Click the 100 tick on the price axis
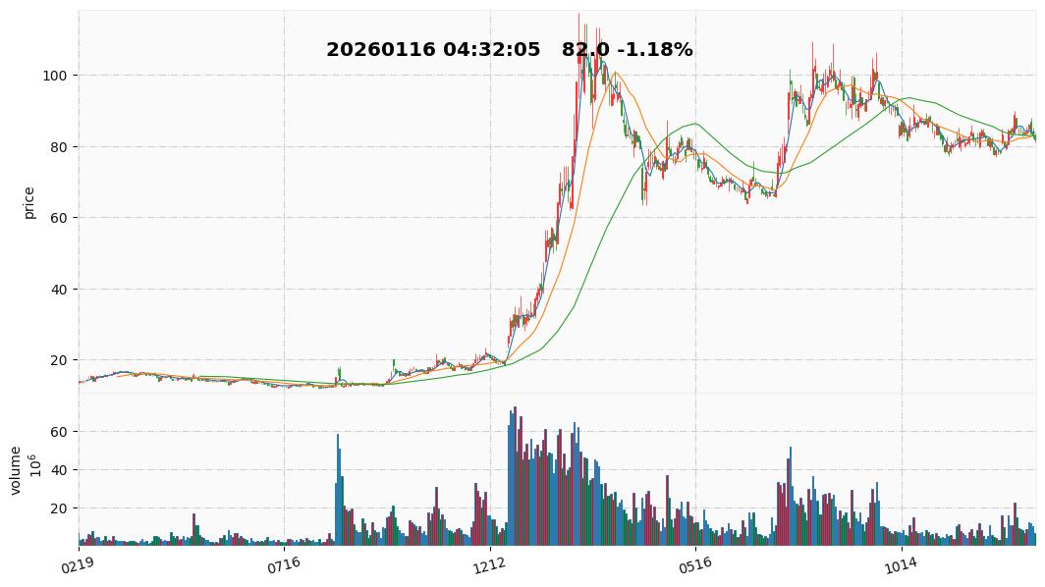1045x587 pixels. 58,76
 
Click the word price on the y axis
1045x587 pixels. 29,202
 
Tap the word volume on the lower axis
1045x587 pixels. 16,470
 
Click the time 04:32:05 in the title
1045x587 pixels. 491,50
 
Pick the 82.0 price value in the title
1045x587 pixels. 582,50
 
